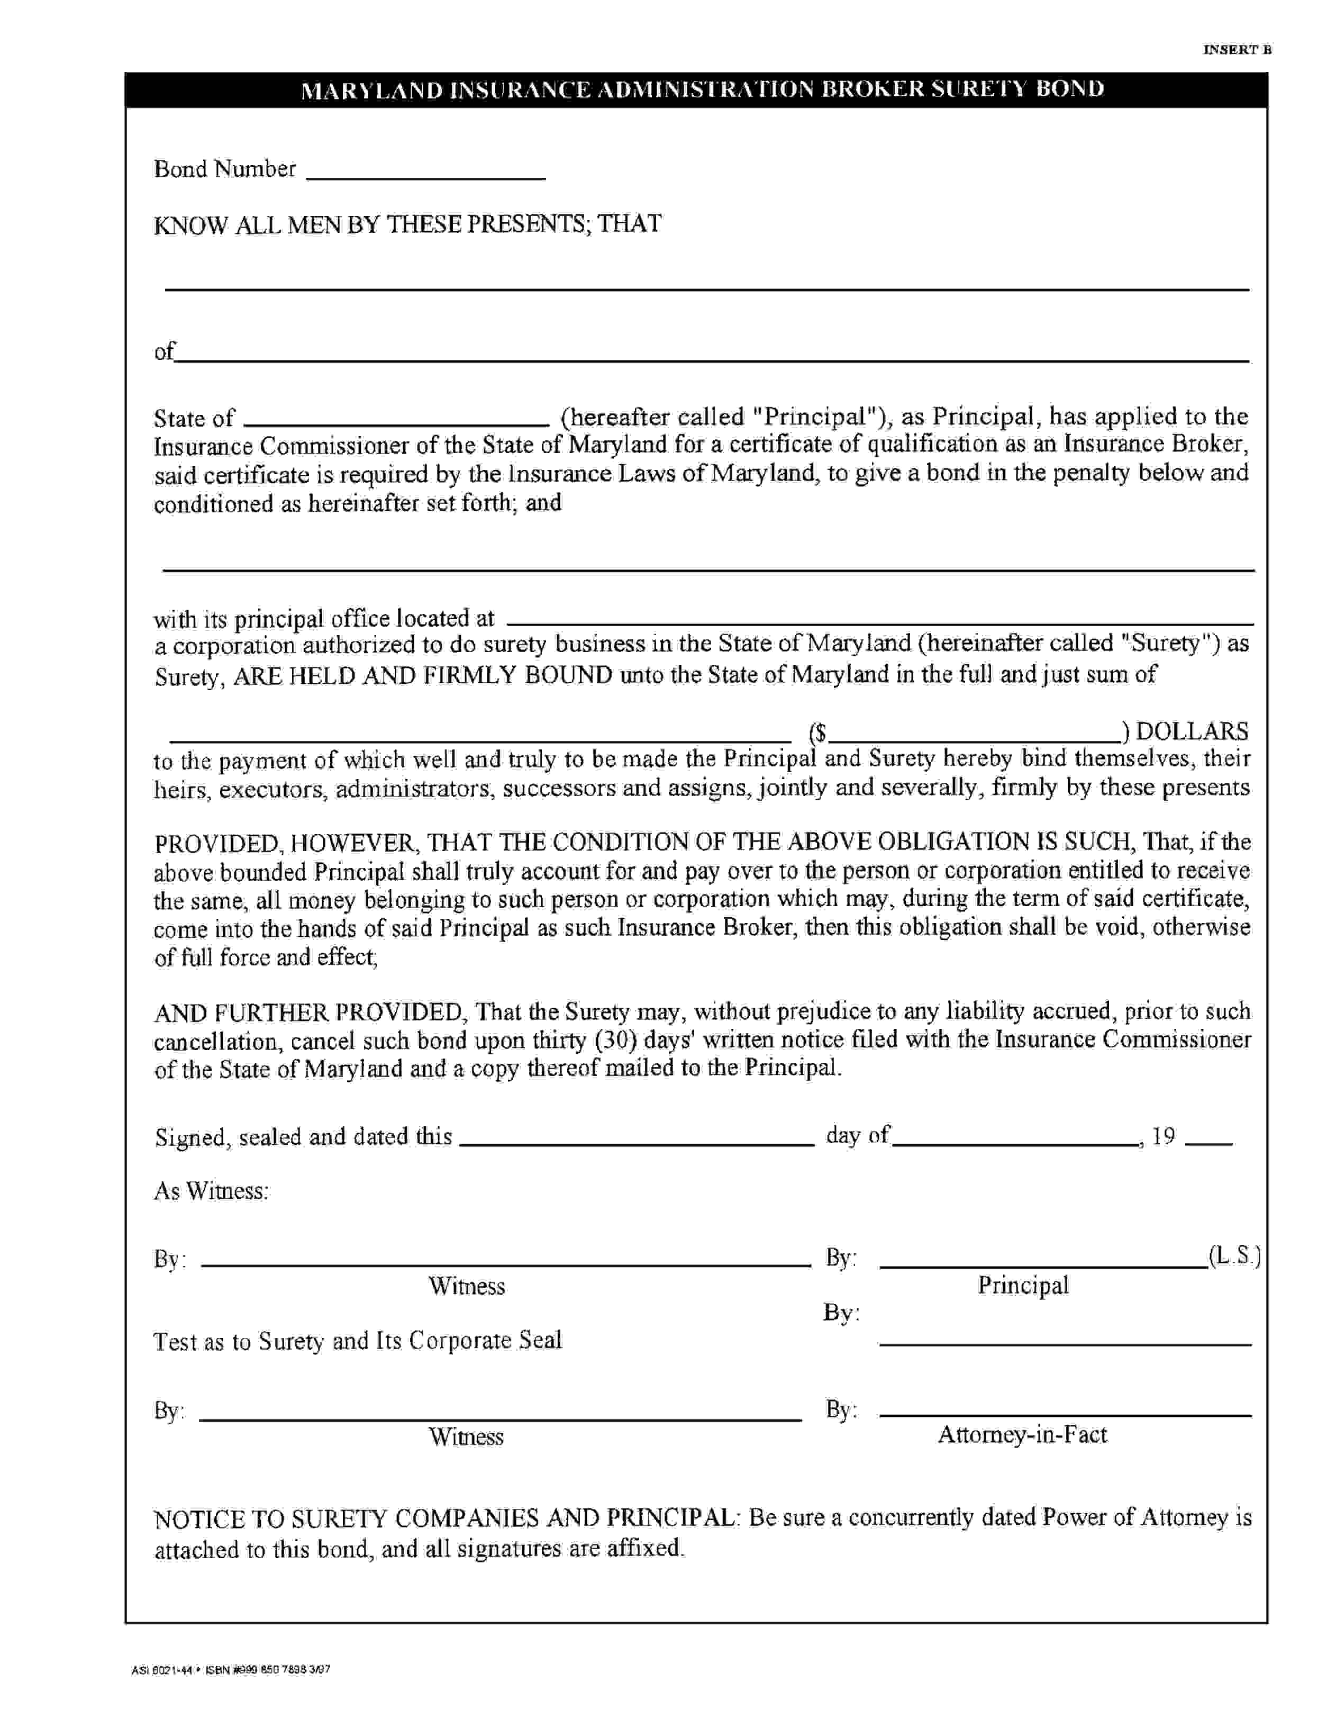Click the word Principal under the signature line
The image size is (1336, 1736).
[x=1023, y=1285]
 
